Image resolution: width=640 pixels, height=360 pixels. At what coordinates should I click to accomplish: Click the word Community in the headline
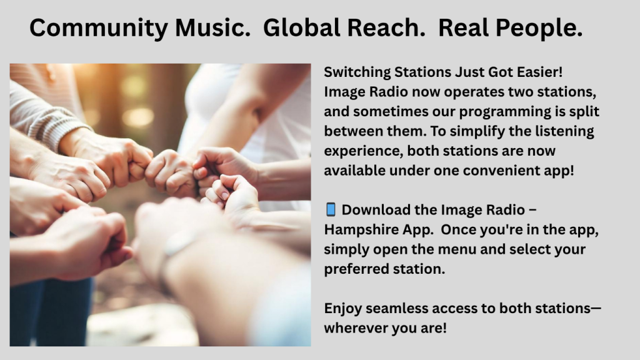(x=99, y=28)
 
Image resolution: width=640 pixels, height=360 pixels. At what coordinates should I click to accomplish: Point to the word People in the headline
(x=539, y=29)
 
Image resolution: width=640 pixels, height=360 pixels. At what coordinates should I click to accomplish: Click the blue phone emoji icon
(x=331, y=209)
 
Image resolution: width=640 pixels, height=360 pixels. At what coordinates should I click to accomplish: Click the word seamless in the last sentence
(x=396, y=309)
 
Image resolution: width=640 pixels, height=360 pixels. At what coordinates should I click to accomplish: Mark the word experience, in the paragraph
(x=363, y=151)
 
